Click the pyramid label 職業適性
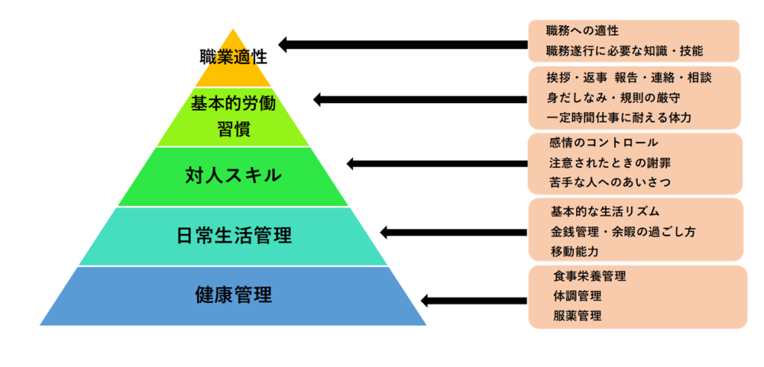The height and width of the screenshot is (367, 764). (234, 57)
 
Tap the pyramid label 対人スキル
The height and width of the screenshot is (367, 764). (234, 175)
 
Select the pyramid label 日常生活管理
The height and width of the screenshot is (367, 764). (234, 236)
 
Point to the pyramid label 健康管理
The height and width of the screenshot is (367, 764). (234, 295)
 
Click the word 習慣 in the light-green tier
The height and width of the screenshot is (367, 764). (234, 130)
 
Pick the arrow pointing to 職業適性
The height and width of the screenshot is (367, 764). (403, 45)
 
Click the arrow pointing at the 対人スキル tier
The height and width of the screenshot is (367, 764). (437, 163)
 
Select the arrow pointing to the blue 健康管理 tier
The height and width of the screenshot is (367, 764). (474, 300)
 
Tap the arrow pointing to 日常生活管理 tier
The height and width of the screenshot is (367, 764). (454, 232)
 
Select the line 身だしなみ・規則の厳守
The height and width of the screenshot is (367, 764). (613, 98)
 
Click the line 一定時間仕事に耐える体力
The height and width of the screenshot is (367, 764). (619, 117)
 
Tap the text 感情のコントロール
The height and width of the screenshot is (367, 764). (603, 142)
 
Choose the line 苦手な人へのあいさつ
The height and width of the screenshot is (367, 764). (610, 182)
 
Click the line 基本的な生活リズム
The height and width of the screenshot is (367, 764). (604, 212)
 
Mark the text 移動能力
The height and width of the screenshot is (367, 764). (574, 252)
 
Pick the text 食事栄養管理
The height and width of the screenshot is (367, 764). (589, 276)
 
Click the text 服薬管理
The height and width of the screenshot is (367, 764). (577, 316)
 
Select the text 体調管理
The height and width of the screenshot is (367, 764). (577, 296)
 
